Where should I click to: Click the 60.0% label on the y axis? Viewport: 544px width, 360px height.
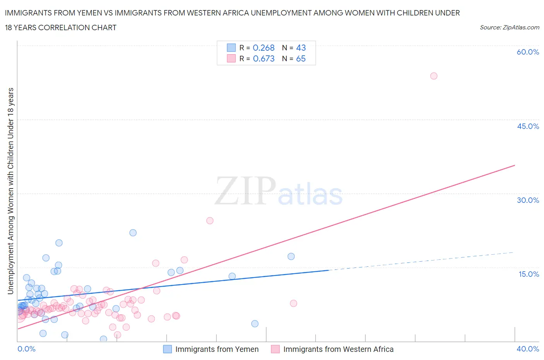tap(528, 52)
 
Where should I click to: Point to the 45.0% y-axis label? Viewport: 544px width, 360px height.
tap(528, 126)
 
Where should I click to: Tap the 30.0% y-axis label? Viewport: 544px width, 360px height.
tap(528, 200)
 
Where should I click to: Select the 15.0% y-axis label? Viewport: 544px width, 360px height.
tap(529, 274)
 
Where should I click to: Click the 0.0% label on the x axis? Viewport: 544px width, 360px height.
tap(26, 349)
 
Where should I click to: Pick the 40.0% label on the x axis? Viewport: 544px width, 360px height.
tap(528, 349)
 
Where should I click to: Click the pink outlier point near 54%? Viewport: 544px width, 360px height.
tap(434, 76)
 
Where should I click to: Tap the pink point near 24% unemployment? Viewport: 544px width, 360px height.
tap(210, 221)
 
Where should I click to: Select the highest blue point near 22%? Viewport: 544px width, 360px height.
tap(133, 233)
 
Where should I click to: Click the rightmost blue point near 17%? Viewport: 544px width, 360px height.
tap(291, 256)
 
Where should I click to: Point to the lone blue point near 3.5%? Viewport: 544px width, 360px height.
tap(255, 324)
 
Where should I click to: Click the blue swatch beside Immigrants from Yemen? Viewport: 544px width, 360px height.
tap(167, 349)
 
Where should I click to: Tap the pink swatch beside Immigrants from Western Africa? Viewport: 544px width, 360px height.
tap(275, 349)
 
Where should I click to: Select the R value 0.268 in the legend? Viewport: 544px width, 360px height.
tap(263, 48)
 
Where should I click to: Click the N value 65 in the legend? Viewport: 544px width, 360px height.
tap(301, 58)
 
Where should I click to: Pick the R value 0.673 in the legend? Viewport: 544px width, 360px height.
tap(263, 58)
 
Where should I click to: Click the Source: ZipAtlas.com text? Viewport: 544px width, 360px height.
tap(509, 27)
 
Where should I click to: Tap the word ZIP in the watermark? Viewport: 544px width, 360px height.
tap(245, 190)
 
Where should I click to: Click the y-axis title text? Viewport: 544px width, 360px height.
tap(10, 191)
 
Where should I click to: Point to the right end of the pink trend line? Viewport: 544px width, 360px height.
tap(515, 165)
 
